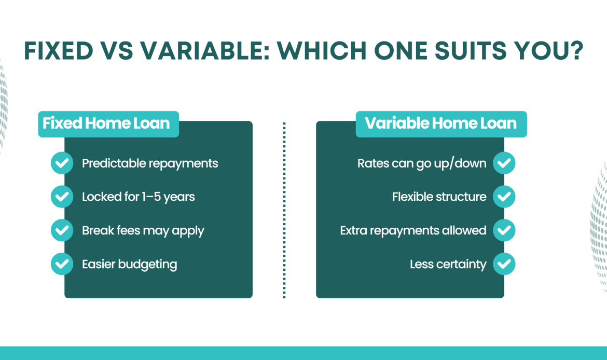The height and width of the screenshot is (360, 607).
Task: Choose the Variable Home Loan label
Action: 440,123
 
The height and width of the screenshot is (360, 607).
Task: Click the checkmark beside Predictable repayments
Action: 62,163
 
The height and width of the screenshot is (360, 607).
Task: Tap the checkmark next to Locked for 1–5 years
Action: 62,197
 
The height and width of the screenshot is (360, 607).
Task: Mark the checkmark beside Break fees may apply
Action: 62,230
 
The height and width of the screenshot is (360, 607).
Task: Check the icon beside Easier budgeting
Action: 62,264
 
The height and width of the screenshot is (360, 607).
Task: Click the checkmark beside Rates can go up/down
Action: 504,163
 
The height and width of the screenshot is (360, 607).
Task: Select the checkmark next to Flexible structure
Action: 504,197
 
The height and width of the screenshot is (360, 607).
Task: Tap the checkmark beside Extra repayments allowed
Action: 504,230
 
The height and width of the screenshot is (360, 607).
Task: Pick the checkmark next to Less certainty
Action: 504,264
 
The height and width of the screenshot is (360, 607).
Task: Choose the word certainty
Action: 461,265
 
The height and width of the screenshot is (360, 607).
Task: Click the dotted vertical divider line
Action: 284,210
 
